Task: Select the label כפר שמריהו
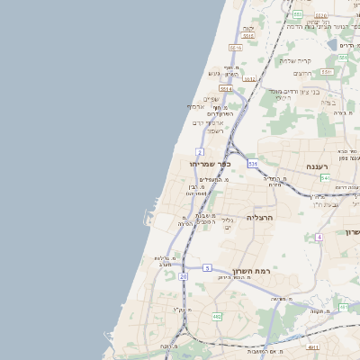[x=211, y=165]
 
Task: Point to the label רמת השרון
[x=251, y=271]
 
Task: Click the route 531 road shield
[x=253, y=164]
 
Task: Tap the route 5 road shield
[x=206, y=267]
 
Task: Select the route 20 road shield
[x=184, y=276]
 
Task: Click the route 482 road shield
[x=217, y=316]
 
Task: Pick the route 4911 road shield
[x=312, y=346]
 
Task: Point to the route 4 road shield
[x=319, y=237]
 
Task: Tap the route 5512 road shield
[x=249, y=79]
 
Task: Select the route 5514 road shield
[x=226, y=89]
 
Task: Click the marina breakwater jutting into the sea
[x=147, y=216]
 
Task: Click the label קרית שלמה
[x=295, y=60]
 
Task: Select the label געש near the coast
[x=214, y=73]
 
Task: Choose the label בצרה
[x=327, y=101]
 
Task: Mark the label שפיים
[x=211, y=99]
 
